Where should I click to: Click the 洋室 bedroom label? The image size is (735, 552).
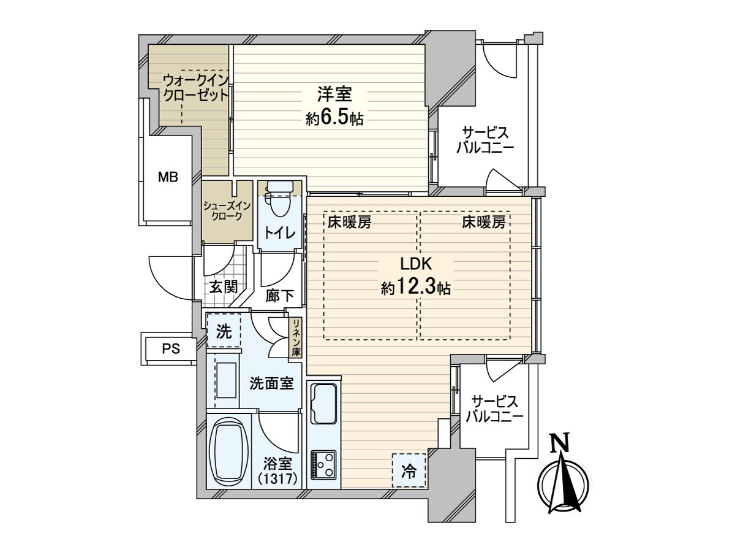[334, 94]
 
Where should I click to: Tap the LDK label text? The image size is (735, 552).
[417, 264]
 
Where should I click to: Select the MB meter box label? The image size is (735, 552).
[168, 177]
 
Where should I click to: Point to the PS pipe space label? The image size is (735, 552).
[171, 349]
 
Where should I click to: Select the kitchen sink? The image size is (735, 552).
[323, 404]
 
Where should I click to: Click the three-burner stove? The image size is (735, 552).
[323, 465]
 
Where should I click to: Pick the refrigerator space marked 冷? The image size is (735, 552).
[409, 470]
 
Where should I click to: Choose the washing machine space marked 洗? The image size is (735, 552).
[224, 331]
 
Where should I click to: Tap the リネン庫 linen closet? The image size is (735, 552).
[296, 337]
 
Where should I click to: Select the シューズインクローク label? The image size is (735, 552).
[227, 211]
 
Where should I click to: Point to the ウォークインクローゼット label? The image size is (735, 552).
[196, 88]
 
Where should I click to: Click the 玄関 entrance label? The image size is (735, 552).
[224, 287]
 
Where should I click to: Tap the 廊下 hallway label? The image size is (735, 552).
[279, 296]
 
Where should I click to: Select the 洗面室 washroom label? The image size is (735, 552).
[271, 383]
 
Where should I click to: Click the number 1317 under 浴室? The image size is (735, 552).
[277, 478]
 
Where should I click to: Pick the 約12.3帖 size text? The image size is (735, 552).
[415, 287]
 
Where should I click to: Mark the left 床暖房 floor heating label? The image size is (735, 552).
[349, 222]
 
